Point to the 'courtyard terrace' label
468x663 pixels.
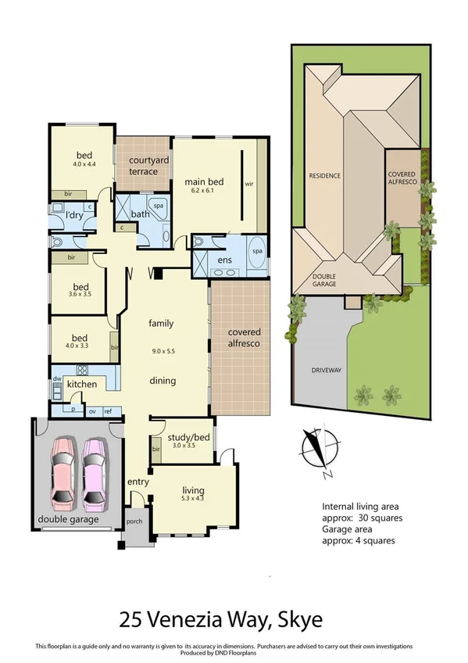coord(144,166)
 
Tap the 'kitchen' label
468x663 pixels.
coord(81,384)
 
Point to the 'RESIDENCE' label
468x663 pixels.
coord(324,176)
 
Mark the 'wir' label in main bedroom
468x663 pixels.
coord(250,185)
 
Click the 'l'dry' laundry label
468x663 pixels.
coord(74,215)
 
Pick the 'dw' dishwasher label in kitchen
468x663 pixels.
coord(57,378)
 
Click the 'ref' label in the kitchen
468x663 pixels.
coord(107,410)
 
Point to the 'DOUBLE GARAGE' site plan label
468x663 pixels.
coord(324,279)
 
